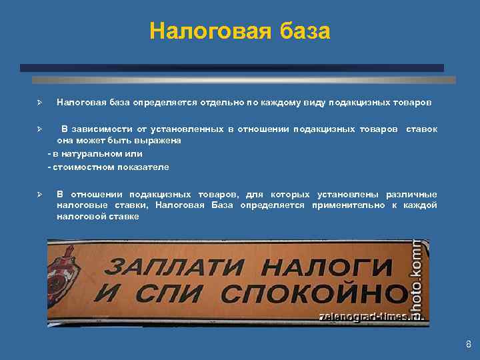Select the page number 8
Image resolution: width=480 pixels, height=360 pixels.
468,345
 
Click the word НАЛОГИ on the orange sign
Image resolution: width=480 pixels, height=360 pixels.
319,267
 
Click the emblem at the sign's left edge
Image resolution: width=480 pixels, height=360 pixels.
65,261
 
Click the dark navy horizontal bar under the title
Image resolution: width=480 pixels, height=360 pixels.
231,68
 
